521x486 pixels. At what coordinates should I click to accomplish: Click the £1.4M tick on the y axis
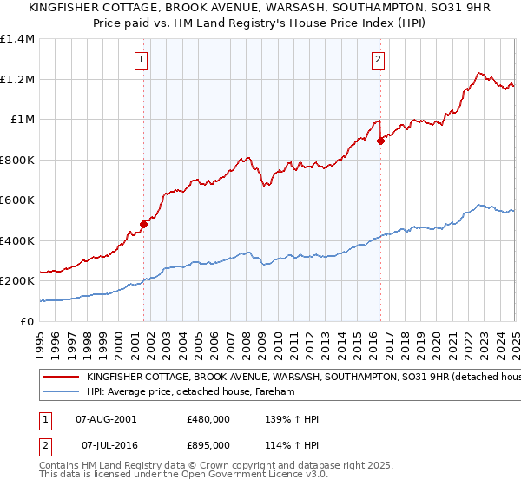(x=17, y=39)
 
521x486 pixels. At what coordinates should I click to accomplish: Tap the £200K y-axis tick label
(x=17, y=281)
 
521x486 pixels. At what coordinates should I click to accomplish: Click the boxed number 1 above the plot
(x=141, y=60)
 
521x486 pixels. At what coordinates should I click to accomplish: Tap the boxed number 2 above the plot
(x=379, y=60)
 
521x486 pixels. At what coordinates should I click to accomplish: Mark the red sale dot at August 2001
(x=144, y=224)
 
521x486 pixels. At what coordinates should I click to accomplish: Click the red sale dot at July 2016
(x=380, y=141)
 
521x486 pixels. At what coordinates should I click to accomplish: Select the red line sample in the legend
(x=61, y=378)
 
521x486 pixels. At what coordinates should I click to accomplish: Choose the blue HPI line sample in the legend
(x=61, y=392)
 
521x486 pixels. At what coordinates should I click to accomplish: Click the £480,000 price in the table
(x=208, y=419)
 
